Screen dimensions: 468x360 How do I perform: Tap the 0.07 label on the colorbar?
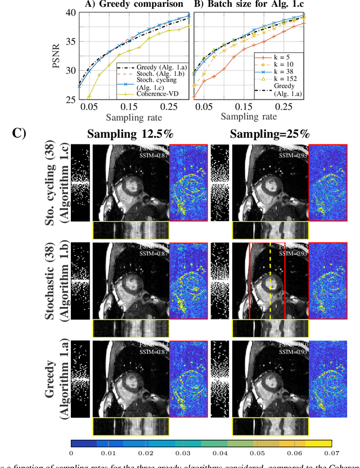[331, 452]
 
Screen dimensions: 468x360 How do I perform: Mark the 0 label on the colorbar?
[71, 452]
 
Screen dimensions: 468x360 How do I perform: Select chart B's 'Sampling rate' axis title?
[249, 116]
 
